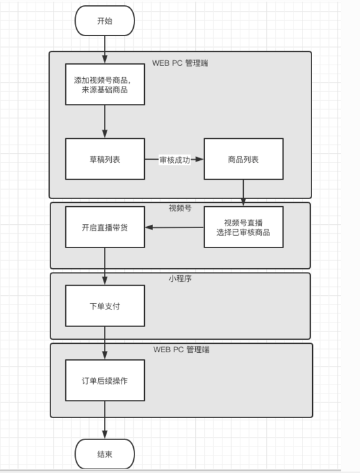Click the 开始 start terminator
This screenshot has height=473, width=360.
(x=105, y=21)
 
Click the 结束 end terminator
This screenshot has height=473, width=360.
(x=105, y=454)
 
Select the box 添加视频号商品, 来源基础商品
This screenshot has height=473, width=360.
(x=105, y=85)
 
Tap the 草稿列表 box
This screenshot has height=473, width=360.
(x=105, y=159)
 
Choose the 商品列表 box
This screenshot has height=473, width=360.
(x=244, y=159)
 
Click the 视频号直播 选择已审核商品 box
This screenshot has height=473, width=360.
(x=244, y=227)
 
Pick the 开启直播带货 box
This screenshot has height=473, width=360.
(x=105, y=227)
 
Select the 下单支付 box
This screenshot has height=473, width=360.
(x=105, y=306)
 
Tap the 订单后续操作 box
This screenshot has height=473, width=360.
(x=105, y=381)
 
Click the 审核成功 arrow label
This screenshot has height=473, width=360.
(x=175, y=160)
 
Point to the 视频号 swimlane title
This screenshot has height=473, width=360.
(x=180, y=208)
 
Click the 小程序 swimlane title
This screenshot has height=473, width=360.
(x=180, y=279)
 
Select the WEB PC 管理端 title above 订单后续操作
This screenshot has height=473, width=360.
(x=182, y=350)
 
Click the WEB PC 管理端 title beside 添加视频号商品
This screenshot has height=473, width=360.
(x=180, y=63)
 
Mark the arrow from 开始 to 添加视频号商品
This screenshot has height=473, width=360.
(x=105, y=50)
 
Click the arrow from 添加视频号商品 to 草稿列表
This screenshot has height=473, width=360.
(x=105, y=121)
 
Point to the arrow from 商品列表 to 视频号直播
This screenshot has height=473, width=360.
(x=244, y=193)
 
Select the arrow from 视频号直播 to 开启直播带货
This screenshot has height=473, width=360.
(x=175, y=227)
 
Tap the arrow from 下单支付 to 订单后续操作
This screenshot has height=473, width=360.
(x=105, y=343)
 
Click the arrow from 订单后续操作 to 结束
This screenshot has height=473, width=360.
(x=105, y=420)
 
